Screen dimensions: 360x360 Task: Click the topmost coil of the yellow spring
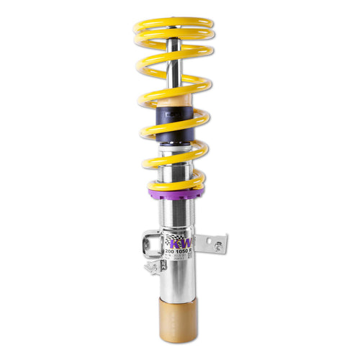point(174,23)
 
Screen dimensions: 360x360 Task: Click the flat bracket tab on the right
point(212,243)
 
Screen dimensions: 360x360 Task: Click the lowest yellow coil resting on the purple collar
point(176,180)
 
